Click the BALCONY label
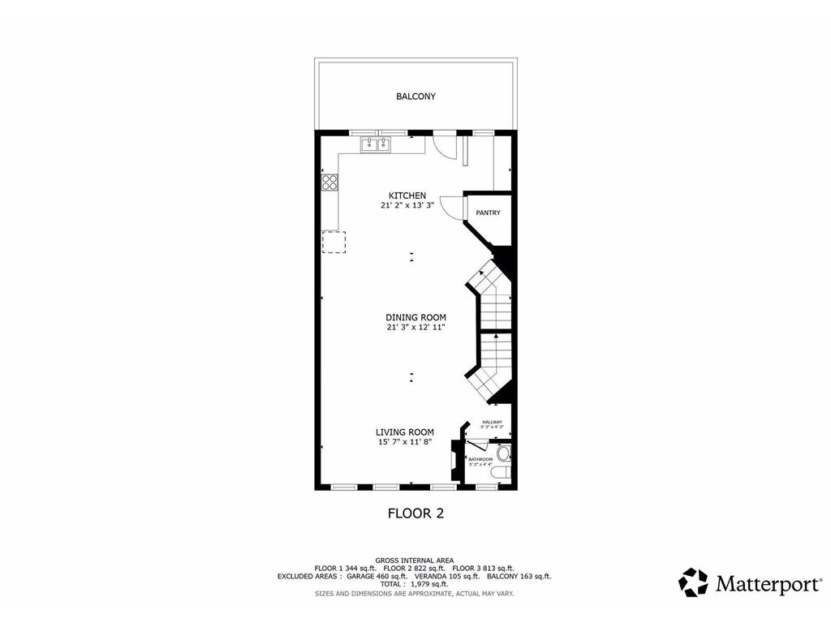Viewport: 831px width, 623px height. tap(415, 97)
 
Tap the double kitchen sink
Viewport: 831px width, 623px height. tap(376, 144)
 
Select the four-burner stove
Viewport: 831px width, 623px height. tap(329, 183)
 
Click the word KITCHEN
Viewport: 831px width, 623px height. tap(407, 195)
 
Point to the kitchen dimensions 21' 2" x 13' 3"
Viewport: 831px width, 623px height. tap(407, 206)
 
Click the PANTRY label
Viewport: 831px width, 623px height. tap(488, 213)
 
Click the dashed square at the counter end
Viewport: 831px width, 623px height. tap(334, 242)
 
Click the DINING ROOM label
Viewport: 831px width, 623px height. tap(416, 317)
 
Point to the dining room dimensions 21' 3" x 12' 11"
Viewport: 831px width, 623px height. tap(416, 328)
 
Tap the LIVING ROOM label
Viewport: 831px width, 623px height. tap(404, 432)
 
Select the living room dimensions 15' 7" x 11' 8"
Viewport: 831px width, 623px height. tap(404, 443)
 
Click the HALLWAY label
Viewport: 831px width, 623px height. tap(492, 422)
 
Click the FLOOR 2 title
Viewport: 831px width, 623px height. tap(415, 513)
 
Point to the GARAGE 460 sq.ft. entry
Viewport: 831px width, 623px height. tap(375, 576)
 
